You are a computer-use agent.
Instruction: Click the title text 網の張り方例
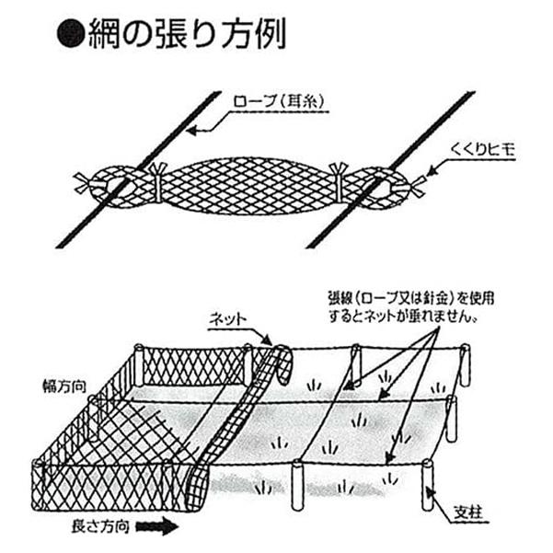pyautogui.click(x=187, y=33)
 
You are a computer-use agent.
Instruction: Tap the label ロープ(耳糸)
pyautogui.click(x=279, y=101)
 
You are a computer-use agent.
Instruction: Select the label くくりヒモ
pyautogui.click(x=482, y=150)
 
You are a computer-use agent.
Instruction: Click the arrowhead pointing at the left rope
pyautogui.click(x=192, y=131)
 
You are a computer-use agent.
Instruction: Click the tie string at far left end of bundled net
pyautogui.click(x=84, y=183)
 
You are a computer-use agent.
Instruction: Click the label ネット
pyautogui.click(x=227, y=319)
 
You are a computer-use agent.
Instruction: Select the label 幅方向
pyautogui.click(x=64, y=386)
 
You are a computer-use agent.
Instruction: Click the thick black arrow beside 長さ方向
pyautogui.click(x=157, y=527)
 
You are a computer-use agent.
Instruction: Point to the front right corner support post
pyautogui.click(x=427, y=485)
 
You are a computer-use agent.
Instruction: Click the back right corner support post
pyautogui.click(x=466, y=365)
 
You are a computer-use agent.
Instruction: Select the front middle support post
pyautogui.click(x=297, y=485)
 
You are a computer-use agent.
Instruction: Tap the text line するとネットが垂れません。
pyautogui.click(x=403, y=317)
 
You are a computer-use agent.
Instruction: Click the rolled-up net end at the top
pyautogui.click(x=284, y=365)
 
